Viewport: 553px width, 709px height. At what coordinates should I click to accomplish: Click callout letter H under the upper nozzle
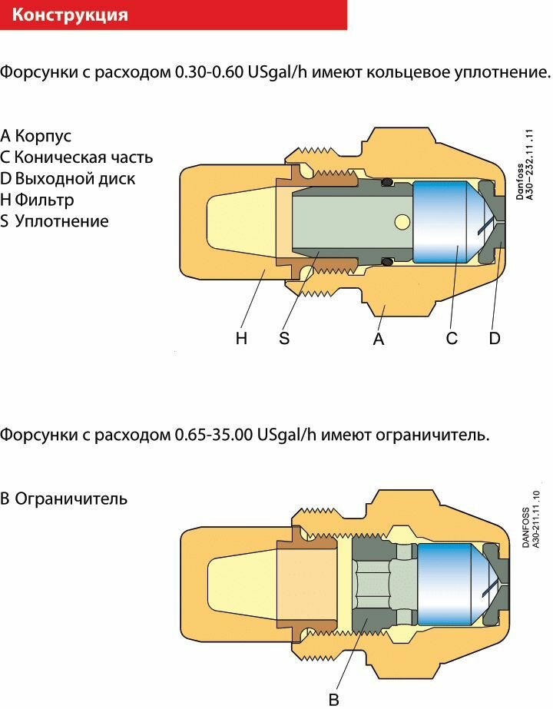241,339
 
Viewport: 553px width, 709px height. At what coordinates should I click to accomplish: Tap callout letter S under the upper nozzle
284,339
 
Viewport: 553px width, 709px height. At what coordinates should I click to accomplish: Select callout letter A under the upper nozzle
378,339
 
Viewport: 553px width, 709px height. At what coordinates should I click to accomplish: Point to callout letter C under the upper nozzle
452,339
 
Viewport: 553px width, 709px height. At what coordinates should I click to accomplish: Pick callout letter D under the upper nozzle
495,339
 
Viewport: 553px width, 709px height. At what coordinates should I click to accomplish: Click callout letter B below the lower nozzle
333,699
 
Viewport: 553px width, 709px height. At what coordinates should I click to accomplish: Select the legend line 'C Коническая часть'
77,157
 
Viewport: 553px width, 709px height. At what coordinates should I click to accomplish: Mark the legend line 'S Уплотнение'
55,222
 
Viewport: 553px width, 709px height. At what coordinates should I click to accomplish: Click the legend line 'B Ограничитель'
64,499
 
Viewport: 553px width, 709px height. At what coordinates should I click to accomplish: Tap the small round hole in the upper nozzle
400,222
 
